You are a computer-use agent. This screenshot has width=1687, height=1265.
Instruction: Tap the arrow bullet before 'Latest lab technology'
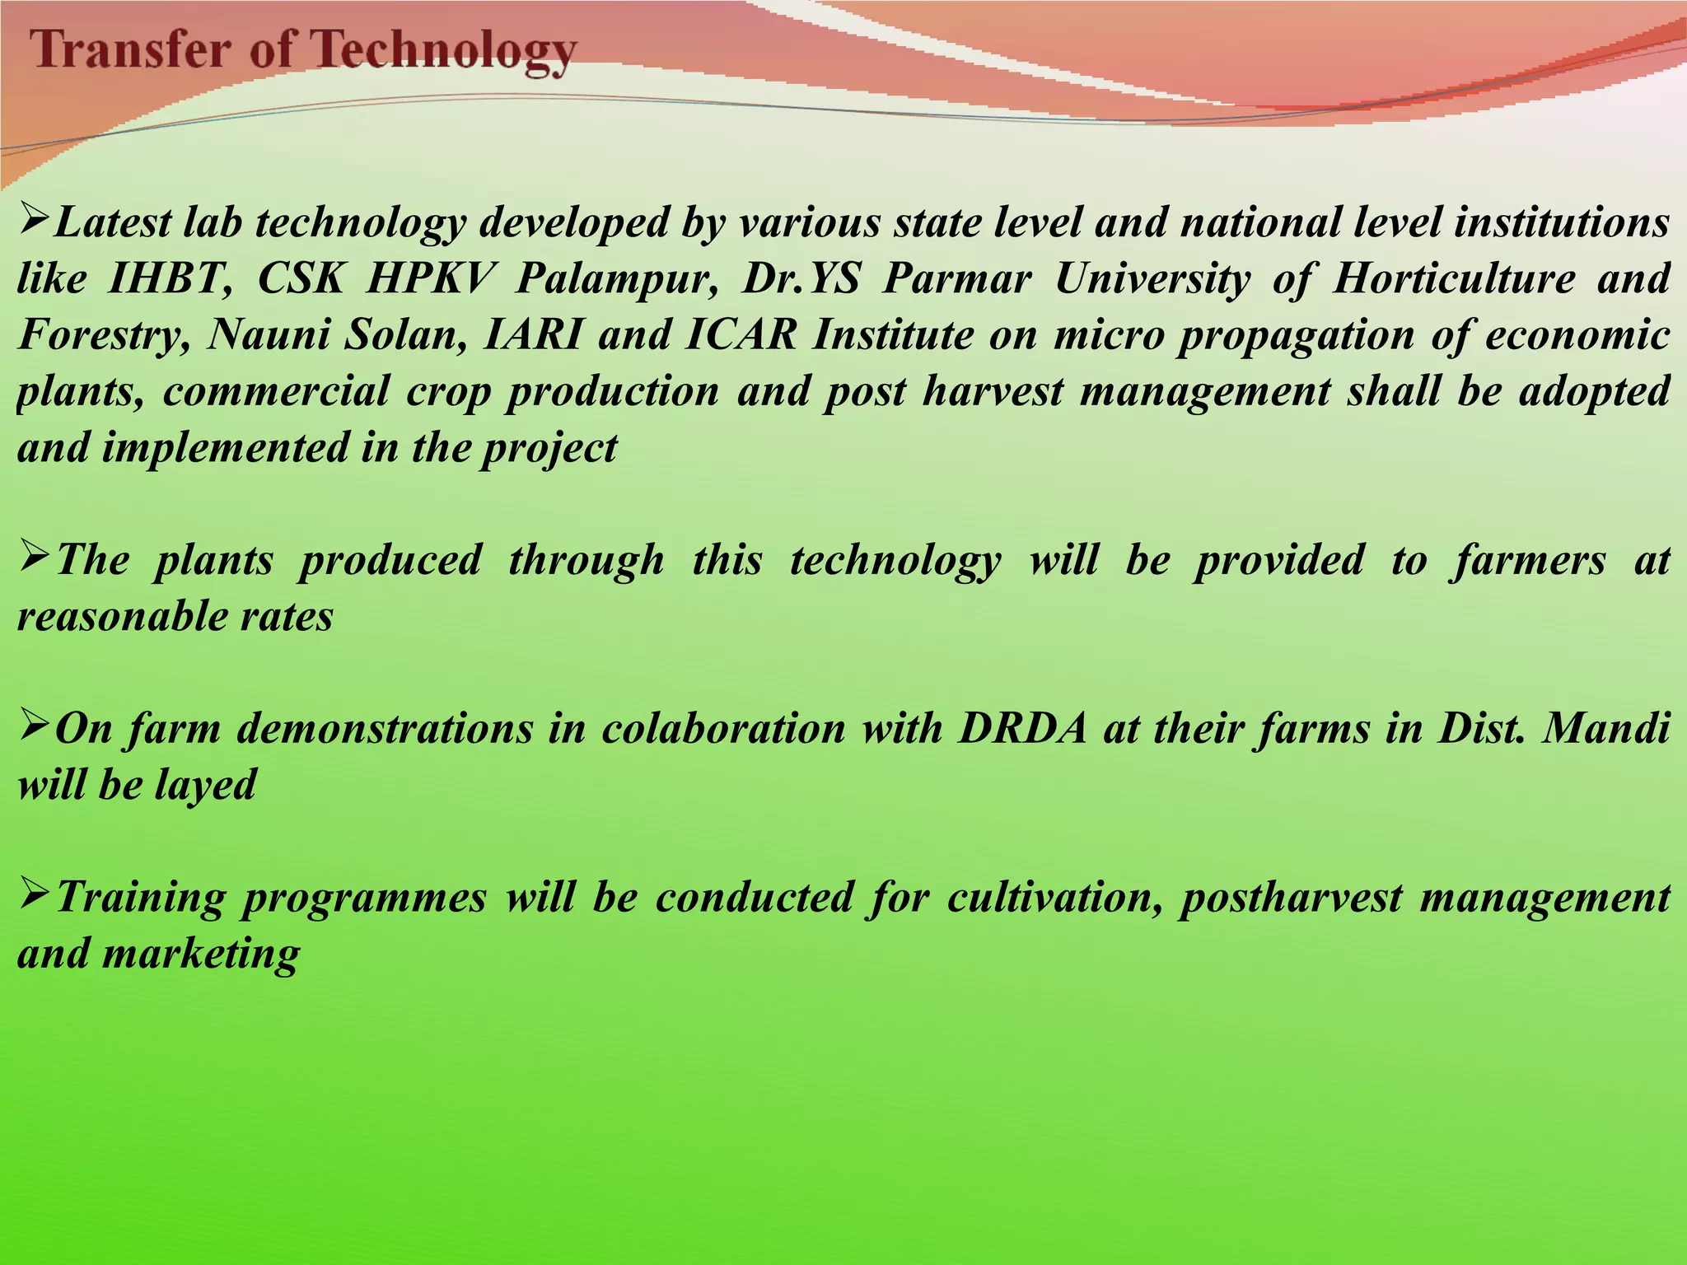tap(35, 221)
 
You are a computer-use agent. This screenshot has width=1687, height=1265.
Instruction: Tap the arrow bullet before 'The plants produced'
tap(35, 558)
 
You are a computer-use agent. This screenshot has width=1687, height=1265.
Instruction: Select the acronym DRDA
tap(1022, 728)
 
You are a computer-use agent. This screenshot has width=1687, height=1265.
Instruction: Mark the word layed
tap(205, 784)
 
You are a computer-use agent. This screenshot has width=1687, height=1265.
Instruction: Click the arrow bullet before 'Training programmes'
tap(35, 895)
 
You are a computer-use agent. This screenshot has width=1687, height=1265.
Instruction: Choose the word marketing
tap(201, 954)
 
